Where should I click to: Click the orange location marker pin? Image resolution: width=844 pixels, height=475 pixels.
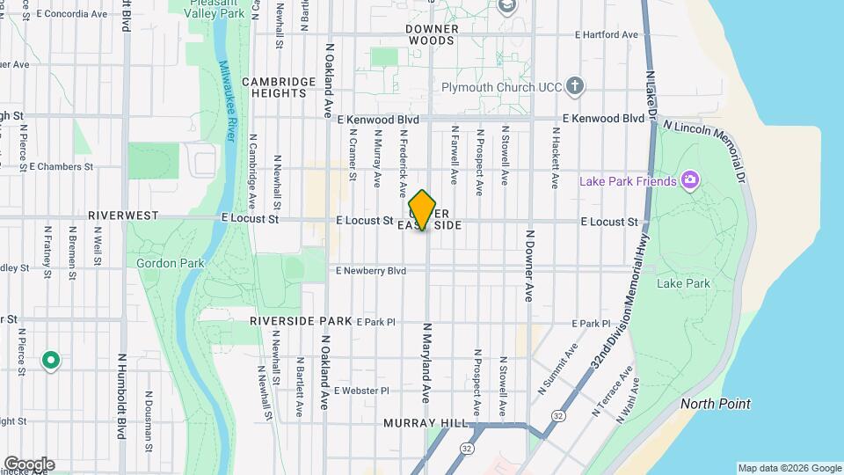click(x=423, y=209)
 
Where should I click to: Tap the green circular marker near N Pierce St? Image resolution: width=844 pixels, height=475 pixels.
click(x=51, y=360)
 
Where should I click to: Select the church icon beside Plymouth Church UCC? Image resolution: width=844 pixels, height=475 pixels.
click(x=575, y=86)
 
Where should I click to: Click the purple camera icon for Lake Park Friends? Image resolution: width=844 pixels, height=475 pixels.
click(x=690, y=181)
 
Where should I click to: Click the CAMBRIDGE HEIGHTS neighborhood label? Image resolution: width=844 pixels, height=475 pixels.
click(x=279, y=87)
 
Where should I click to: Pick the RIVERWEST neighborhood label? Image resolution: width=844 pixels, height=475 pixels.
click(x=123, y=216)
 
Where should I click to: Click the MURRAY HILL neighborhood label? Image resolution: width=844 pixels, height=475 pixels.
click(x=426, y=423)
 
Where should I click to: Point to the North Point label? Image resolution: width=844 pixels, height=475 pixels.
click(x=716, y=404)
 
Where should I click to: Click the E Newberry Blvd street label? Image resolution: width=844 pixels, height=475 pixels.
click(x=371, y=271)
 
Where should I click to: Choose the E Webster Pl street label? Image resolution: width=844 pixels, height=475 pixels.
click(x=361, y=390)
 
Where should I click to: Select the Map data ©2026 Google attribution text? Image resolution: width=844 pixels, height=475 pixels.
click(x=789, y=468)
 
